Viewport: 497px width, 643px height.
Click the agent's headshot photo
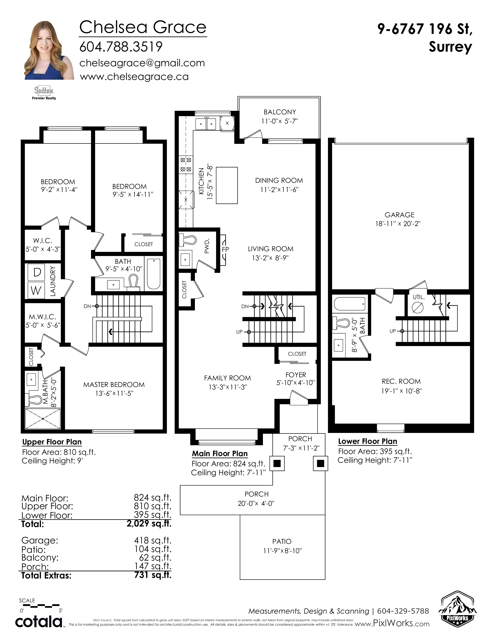click(49, 50)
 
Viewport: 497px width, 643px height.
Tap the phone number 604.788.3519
click(121, 47)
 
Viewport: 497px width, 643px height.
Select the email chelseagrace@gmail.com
click(142, 63)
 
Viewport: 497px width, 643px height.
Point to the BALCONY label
click(280, 112)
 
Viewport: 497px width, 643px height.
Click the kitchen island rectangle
click(227, 185)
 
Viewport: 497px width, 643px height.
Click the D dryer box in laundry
click(36, 272)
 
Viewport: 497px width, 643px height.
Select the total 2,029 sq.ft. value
click(149, 524)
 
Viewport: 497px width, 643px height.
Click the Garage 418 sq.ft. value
click(153, 540)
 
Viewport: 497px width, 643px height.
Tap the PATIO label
click(282, 541)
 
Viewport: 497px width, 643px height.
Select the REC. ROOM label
click(401, 381)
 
